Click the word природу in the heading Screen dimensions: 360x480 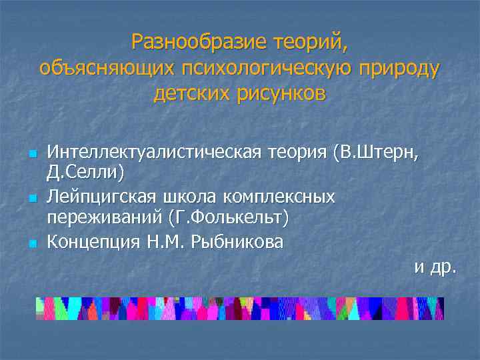402,68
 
